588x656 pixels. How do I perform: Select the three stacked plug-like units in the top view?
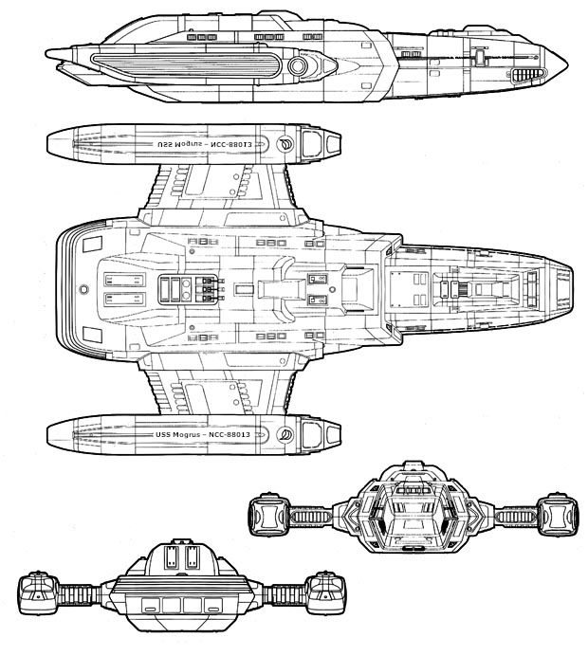click(x=207, y=288)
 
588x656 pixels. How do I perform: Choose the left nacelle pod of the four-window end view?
click(x=35, y=592)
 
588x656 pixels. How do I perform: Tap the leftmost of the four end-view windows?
click(x=150, y=606)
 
